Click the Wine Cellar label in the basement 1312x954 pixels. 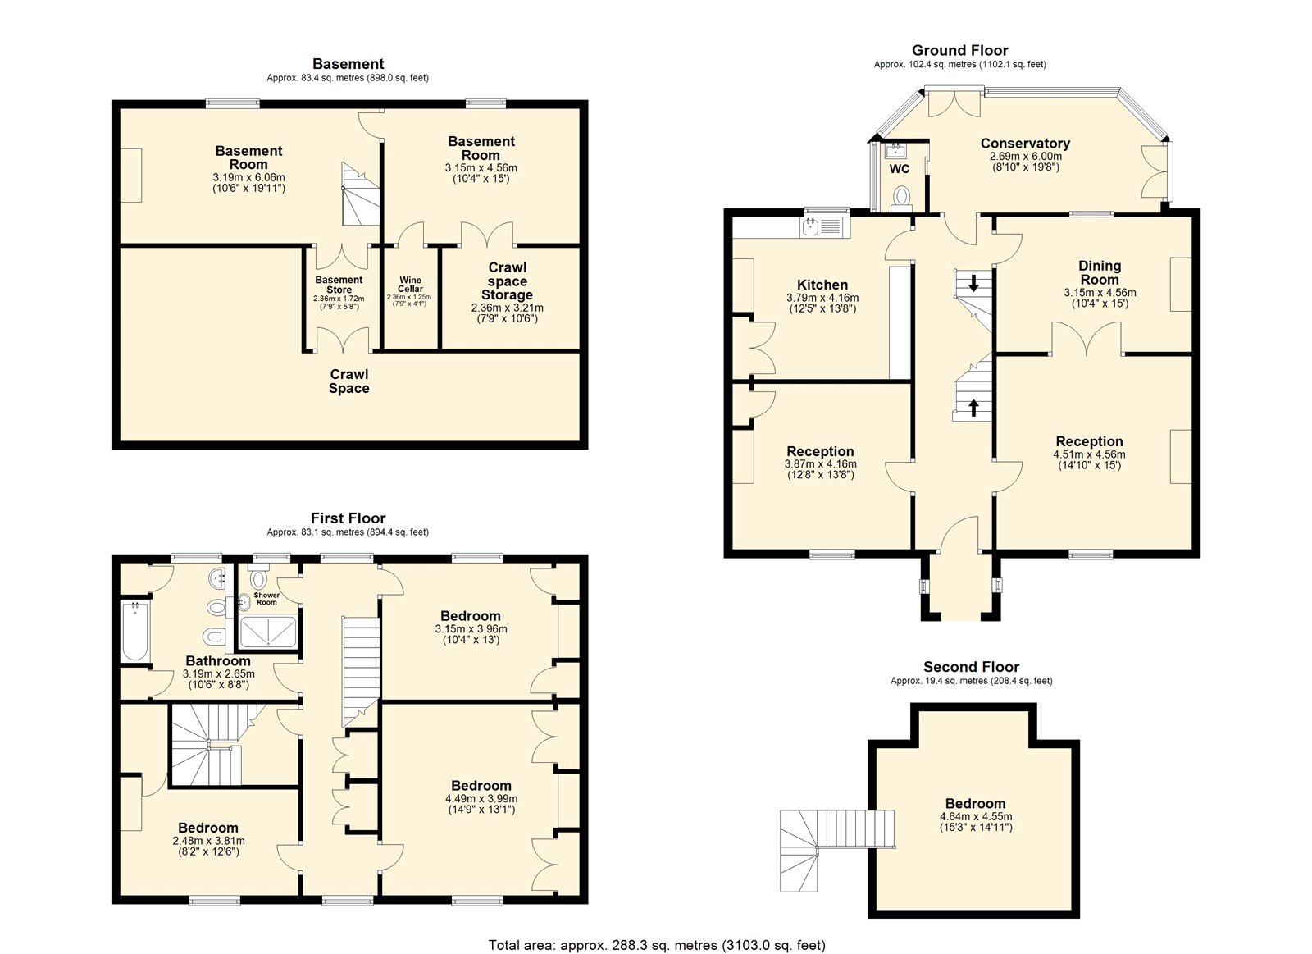[x=410, y=284]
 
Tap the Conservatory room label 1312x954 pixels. [x=1025, y=143]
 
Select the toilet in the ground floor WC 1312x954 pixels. [x=901, y=197]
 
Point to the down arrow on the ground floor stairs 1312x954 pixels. [x=973, y=283]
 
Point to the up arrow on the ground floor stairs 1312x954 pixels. [x=973, y=407]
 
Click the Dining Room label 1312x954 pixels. [x=1100, y=272]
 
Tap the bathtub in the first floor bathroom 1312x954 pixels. [x=135, y=631]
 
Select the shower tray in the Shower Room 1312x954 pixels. [x=268, y=631]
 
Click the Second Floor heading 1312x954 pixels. [x=971, y=666]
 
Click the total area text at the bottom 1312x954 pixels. [x=657, y=929]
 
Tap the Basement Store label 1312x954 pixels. [x=339, y=285]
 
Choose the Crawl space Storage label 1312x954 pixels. [x=508, y=281]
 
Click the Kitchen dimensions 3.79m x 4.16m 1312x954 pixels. [x=822, y=298]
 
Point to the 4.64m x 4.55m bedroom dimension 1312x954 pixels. [x=976, y=816]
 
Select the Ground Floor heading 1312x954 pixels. [x=960, y=50]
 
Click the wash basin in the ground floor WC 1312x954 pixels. [x=895, y=151]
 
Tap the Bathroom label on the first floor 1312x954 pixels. [x=218, y=661]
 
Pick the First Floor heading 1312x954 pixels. [x=348, y=518]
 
